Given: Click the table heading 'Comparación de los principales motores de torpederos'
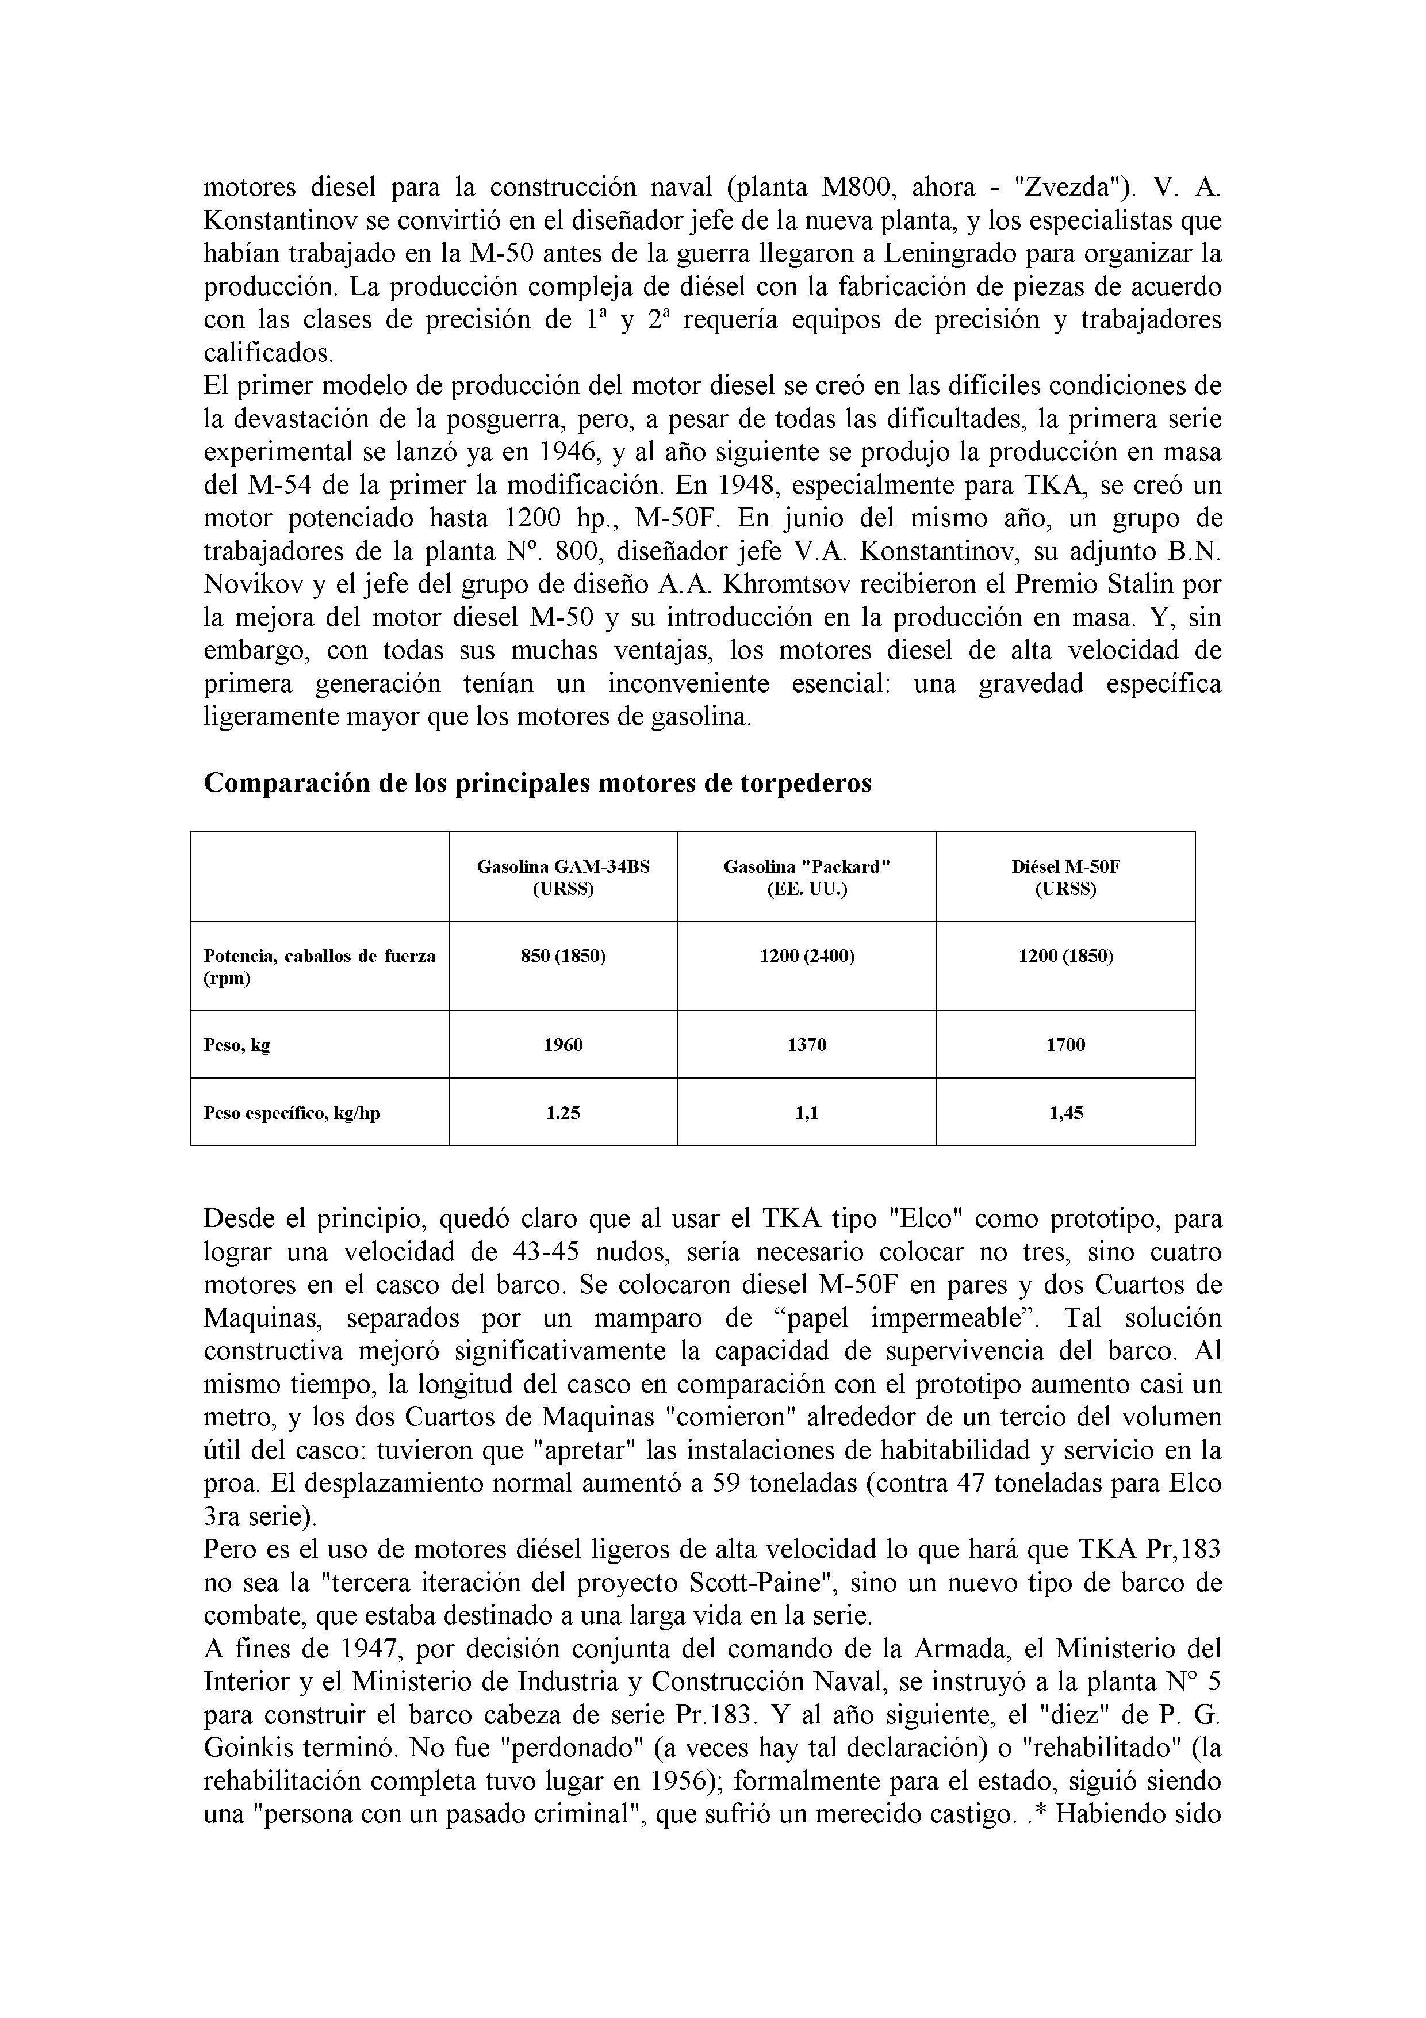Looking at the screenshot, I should [x=537, y=783].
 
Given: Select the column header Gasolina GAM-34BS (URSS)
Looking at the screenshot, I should [x=563, y=877].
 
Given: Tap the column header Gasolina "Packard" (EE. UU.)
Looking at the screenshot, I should [x=807, y=877].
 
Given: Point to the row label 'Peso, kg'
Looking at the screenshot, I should [x=237, y=1045].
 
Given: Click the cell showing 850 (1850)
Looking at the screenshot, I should [x=563, y=956].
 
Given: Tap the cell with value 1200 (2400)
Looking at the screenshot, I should [x=807, y=956].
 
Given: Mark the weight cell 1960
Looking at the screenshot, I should [x=563, y=1045].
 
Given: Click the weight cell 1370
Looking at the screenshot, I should [x=807, y=1045].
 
